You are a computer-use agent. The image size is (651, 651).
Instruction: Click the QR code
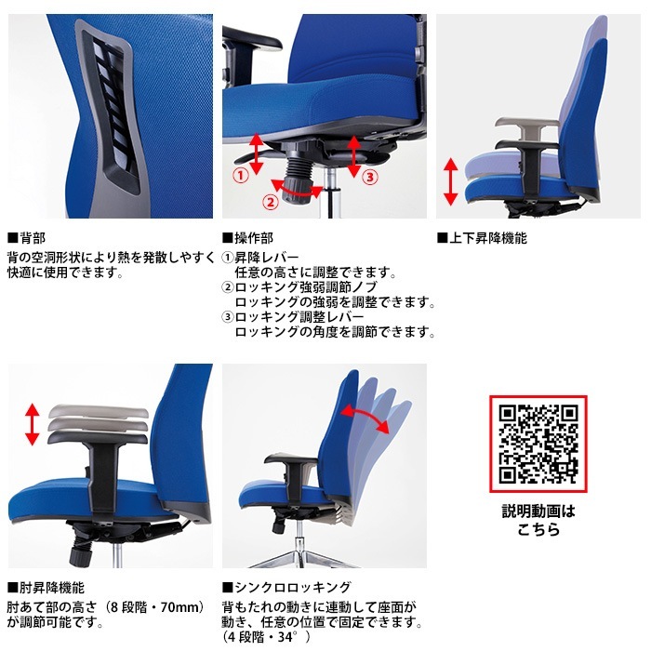click(x=538, y=445)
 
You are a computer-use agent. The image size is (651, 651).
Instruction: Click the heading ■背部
click(x=27, y=238)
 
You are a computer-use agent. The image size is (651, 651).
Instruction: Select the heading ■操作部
click(x=248, y=238)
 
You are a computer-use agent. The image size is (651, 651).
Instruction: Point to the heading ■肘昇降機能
click(x=46, y=588)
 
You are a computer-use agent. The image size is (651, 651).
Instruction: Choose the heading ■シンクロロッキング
click(x=286, y=588)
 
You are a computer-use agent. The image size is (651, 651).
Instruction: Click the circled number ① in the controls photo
click(x=240, y=173)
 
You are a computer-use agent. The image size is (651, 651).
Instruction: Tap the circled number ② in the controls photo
click(x=271, y=201)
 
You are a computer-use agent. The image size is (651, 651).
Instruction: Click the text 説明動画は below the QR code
click(x=538, y=511)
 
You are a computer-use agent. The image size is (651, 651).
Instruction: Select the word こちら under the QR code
click(x=538, y=529)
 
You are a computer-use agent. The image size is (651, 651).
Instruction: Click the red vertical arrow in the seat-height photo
click(x=450, y=181)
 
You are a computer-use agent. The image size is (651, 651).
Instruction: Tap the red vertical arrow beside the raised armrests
click(x=32, y=423)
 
